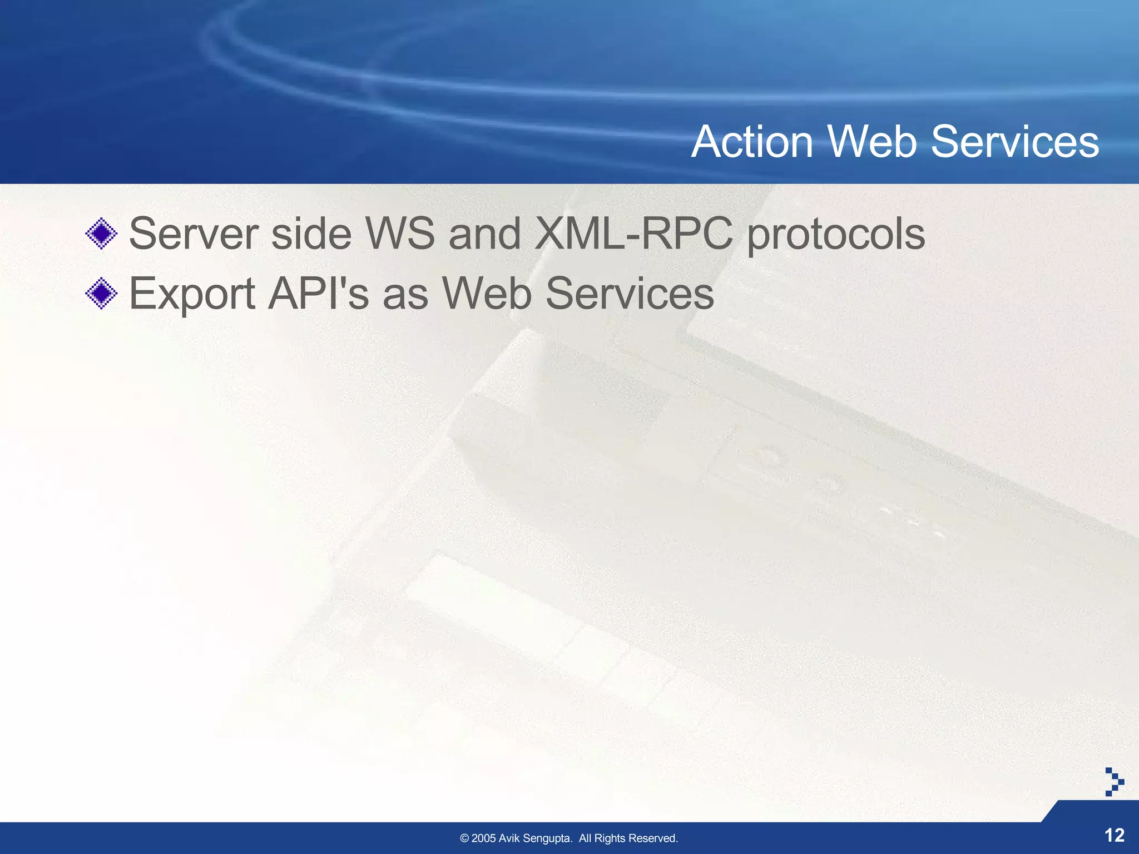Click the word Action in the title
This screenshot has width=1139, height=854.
coord(752,142)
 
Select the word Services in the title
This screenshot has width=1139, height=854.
coord(1014,142)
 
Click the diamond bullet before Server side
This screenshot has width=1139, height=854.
coord(101,234)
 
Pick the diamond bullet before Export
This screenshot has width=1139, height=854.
coord(101,293)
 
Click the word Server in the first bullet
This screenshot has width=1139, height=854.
coord(193,234)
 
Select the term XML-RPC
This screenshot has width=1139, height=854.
coord(633,234)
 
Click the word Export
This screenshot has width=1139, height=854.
coord(192,294)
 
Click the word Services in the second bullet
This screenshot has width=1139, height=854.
coord(630,293)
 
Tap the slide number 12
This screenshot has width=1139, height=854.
coord(1114,835)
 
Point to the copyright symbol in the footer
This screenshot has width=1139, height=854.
coord(464,838)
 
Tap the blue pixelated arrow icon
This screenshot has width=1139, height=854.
coord(1113,782)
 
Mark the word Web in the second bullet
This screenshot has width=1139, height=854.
coord(487,293)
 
